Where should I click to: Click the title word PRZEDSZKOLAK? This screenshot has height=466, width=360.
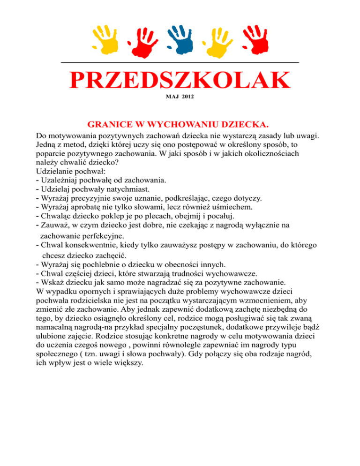click(x=180, y=81)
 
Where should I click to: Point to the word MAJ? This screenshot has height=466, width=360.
click(x=172, y=97)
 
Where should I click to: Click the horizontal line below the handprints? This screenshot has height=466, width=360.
click(x=180, y=62)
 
